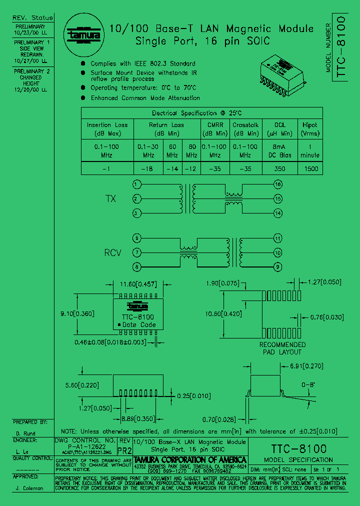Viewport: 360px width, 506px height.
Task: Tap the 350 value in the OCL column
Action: pyautogui.click(x=279, y=168)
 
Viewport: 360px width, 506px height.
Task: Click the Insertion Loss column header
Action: pyautogui.click(x=107, y=129)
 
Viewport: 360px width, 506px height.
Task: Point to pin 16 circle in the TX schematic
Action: pyautogui.click(x=278, y=184)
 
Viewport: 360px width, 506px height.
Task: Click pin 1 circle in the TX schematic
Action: pyautogui.click(x=135, y=184)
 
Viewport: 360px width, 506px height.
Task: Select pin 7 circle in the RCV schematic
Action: pyautogui.click(x=135, y=252)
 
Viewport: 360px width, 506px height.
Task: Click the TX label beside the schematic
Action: pyautogui.click(x=110, y=199)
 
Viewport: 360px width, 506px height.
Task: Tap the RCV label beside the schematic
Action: pyautogui.click(x=112, y=253)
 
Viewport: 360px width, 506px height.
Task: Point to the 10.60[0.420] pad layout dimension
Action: pyautogui.click(x=228, y=314)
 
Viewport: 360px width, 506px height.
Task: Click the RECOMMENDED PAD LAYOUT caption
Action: pyautogui.click(x=282, y=348)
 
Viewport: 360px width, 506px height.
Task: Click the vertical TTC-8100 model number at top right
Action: pyautogui.click(x=341, y=47)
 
